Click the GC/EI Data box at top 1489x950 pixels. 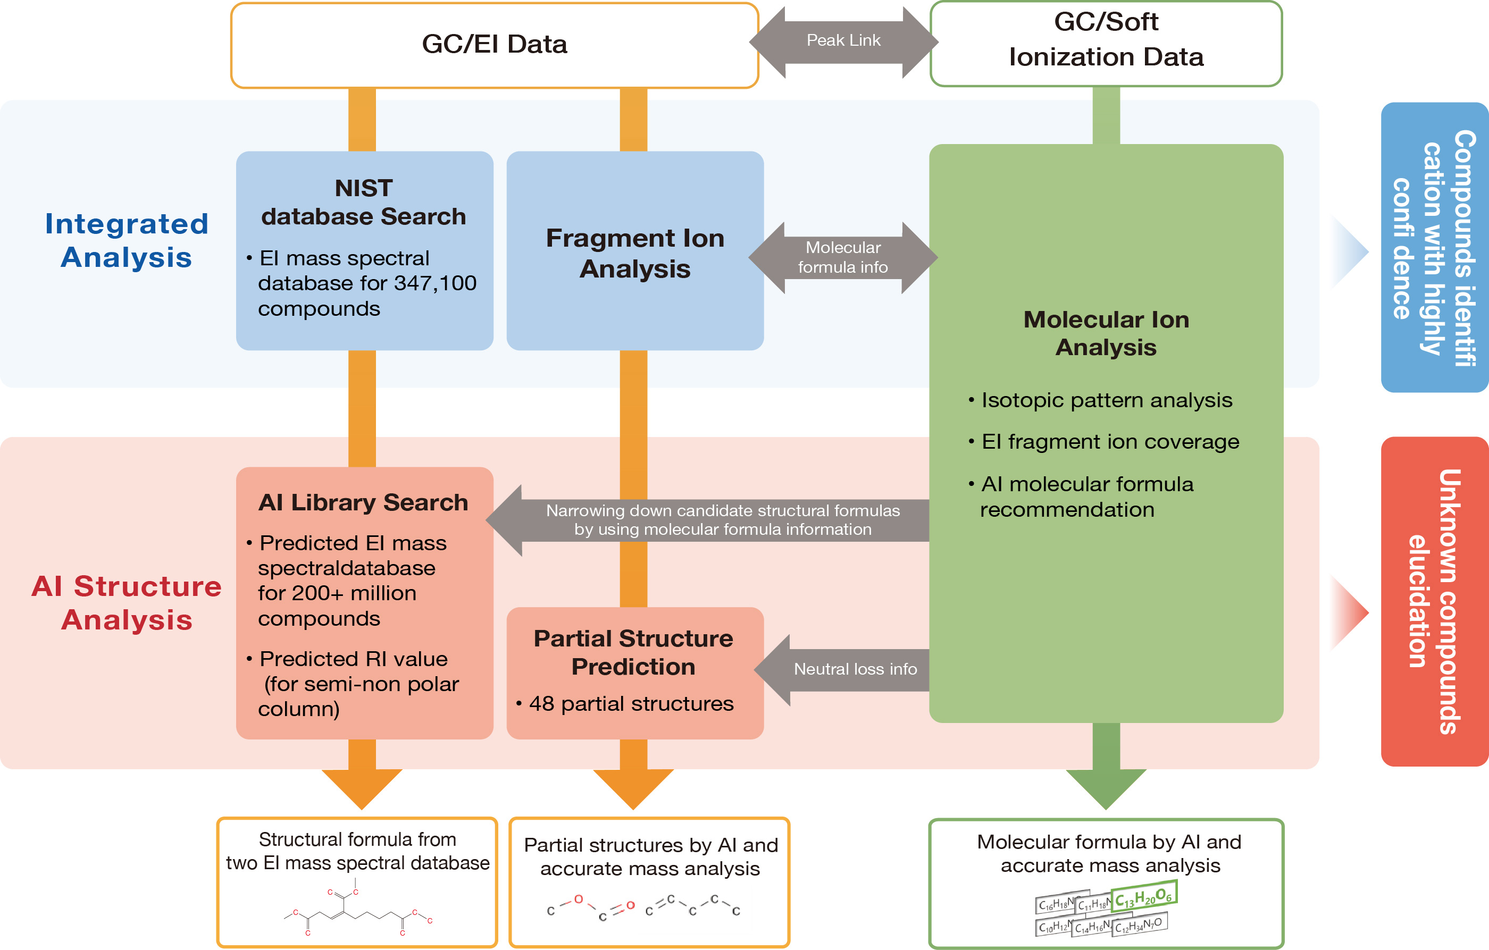tap(494, 45)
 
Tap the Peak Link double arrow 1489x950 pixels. tap(843, 41)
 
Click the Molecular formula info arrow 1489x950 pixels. tap(843, 257)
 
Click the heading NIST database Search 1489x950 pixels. tap(364, 202)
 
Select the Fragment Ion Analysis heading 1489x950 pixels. tap(635, 254)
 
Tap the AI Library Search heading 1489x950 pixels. tap(364, 502)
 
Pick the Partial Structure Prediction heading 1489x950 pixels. tap(634, 652)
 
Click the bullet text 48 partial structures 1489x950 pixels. tap(631, 703)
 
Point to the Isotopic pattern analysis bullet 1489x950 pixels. tap(1106, 400)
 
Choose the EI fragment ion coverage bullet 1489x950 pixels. tap(1110, 441)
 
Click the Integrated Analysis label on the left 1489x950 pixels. tap(127, 240)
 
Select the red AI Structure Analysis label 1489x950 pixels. tap(127, 603)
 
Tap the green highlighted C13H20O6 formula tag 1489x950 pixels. tap(1143, 896)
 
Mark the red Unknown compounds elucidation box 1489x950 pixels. tap(1434, 601)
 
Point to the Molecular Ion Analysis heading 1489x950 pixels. tap(1106, 333)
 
